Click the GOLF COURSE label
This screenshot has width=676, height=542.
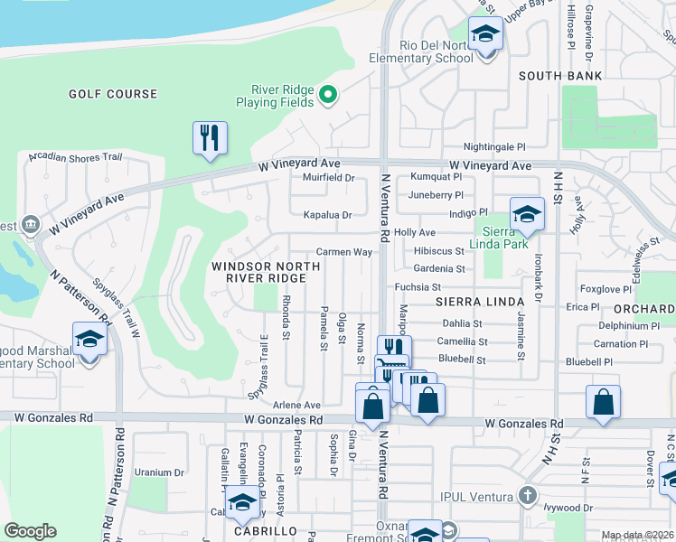pos(113,94)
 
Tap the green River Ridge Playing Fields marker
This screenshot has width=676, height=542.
pos(329,93)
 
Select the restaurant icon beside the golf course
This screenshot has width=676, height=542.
pos(210,138)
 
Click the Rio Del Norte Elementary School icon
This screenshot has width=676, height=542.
pos(486,35)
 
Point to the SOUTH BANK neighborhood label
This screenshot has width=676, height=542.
pos(559,76)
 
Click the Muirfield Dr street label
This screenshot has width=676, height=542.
pos(328,178)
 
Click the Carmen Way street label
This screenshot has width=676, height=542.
pos(343,252)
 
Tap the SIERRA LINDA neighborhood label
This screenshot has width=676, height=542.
pos(480,301)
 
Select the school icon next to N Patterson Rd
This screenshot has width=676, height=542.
pos(89,339)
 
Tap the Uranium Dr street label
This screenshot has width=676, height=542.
pos(159,472)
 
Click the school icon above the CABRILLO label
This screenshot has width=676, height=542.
pos(241,503)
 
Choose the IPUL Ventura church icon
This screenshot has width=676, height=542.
pos(528,495)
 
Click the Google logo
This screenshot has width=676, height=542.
pos(30,531)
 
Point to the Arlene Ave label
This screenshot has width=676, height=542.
pos(297,406)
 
